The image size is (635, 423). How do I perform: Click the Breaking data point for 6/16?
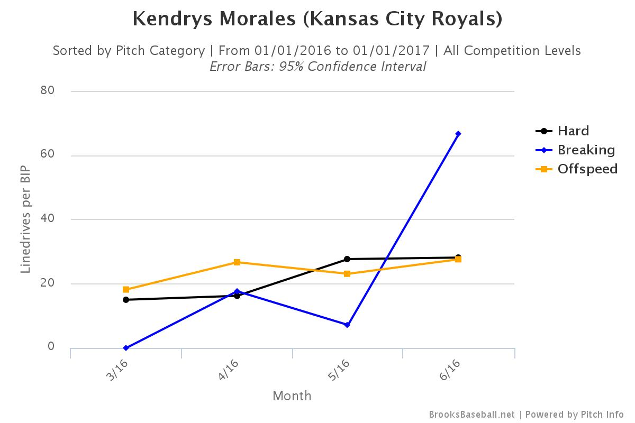tap(458, 134)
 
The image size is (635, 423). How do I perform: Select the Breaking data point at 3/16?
tap(126, 348)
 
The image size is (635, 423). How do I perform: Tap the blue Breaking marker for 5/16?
tap(347, 325)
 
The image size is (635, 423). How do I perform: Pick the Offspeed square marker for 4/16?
tap(237, 262)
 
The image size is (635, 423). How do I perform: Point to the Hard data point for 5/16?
tap(347, 259)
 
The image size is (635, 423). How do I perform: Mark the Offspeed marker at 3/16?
tap(126, 290)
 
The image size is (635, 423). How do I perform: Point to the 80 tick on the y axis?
tap(48, 90)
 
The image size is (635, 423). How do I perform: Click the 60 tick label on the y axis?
tap(48, 155)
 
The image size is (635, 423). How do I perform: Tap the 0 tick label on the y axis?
tap(51, 346)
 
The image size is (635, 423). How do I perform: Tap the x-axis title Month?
tap(292, 396)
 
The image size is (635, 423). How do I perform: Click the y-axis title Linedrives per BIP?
tap(25, 220)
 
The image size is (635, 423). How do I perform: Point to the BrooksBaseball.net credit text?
tap(471, 415)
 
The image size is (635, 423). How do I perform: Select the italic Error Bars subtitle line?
tap(317, 67)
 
